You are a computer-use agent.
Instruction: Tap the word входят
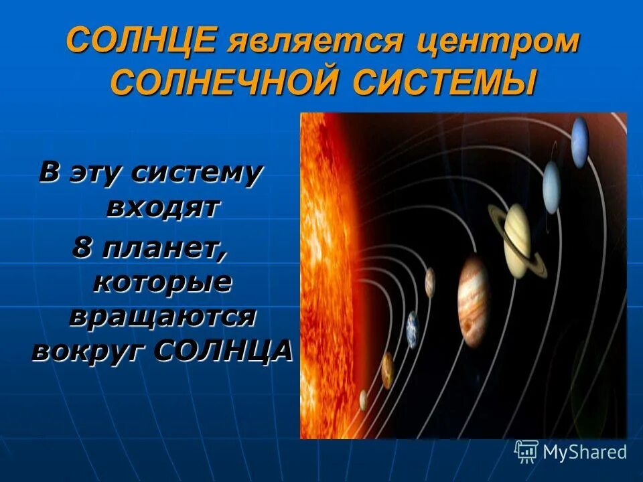(x=163, y=208)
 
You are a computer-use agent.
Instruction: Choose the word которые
(x=161, y=283)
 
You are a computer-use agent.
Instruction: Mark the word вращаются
(x=161, y=316)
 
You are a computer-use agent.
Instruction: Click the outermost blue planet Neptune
(x=579, y=141)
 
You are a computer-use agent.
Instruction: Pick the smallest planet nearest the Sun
(x=363, y=400)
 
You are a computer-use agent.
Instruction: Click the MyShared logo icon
(x=526, y=451)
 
